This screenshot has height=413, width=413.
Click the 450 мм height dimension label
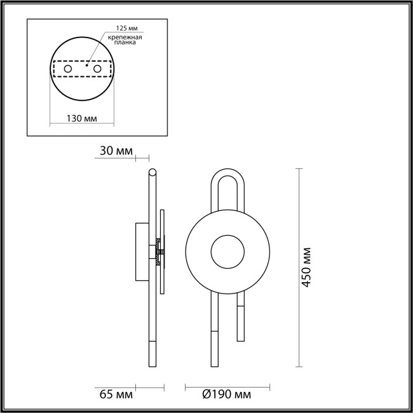pos(308,267)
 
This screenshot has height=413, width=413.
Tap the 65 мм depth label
pos(116,395)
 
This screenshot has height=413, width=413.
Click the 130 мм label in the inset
pos(81,118)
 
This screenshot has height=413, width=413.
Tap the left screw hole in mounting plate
pos(67,68)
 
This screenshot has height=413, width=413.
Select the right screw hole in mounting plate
pos(97,68)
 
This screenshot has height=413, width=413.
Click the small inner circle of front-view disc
pos(227,252)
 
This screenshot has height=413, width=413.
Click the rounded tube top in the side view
pos(152,172)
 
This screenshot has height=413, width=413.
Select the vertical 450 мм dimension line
pos(298,267)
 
